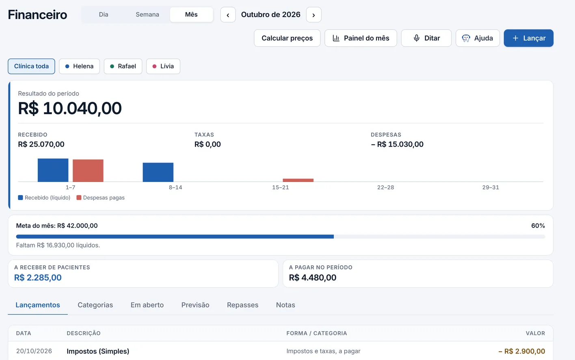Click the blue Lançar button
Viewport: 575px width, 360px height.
pos(528,38)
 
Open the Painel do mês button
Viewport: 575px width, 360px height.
pos(361,38)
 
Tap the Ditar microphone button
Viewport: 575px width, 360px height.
pos(426,38)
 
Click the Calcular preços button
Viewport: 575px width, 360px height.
pos(287,38)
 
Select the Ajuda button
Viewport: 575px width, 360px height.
pos(478,38)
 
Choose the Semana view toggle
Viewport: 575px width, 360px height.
pos(147,14)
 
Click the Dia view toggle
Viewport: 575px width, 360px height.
pos(104,14)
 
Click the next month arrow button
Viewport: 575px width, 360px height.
pos(313,15)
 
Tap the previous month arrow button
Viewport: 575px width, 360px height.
pos(228,15)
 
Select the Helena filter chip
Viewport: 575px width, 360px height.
pos(79,66)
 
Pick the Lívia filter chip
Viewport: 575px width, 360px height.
pos(163,66)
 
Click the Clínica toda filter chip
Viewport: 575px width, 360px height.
pos(31,66)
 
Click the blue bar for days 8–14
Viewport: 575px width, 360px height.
pos(158,172)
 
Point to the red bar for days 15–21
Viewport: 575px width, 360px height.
pos(298,180)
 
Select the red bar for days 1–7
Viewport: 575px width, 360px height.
pos(88,171)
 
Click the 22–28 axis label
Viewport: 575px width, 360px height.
pos(385,187)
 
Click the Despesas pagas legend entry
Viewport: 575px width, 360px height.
pos(101,197)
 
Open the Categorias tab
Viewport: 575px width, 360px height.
pos(95,305)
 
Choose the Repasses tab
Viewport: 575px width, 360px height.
pos(242,305)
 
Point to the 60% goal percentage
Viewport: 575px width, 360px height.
pos(538,226)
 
